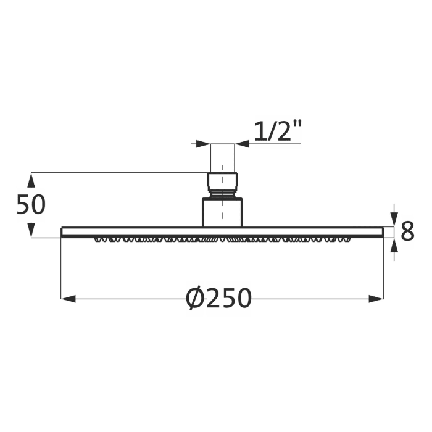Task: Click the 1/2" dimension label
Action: click(278, 131)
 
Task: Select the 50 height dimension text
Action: click(31, 205)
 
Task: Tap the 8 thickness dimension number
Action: click(407, 232)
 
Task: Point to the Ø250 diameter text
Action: click(219, 299)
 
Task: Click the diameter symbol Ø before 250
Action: click(195, 299)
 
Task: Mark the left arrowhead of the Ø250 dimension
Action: click(68, 299)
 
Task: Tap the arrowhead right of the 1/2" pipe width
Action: click(242, 144)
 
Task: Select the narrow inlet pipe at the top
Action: click(223, 158)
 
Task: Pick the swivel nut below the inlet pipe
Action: click(223, 183)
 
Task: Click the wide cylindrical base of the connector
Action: click(223, 212)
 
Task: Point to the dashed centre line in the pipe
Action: click(223, 167)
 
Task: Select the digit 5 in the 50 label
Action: click(23, 205)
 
